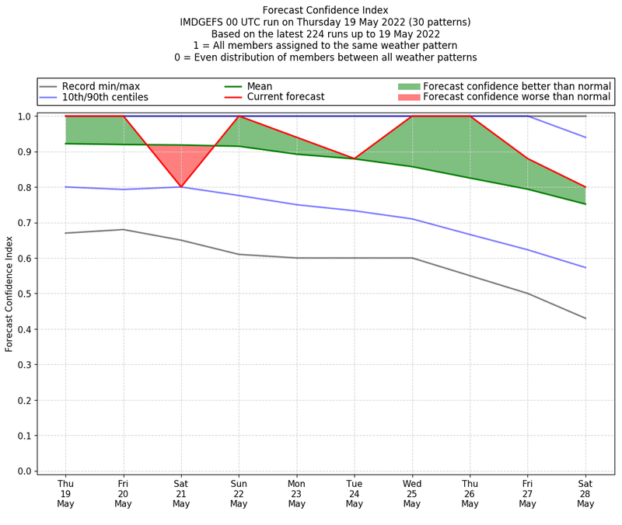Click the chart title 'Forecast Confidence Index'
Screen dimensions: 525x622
tap(325, 10)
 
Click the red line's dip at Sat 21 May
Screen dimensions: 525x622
tap(181, 186)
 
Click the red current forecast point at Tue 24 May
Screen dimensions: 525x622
tap(355, 158)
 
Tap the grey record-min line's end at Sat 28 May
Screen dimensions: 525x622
tap(585, 318)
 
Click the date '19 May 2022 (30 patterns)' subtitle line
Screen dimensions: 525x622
tap(325, 23)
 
